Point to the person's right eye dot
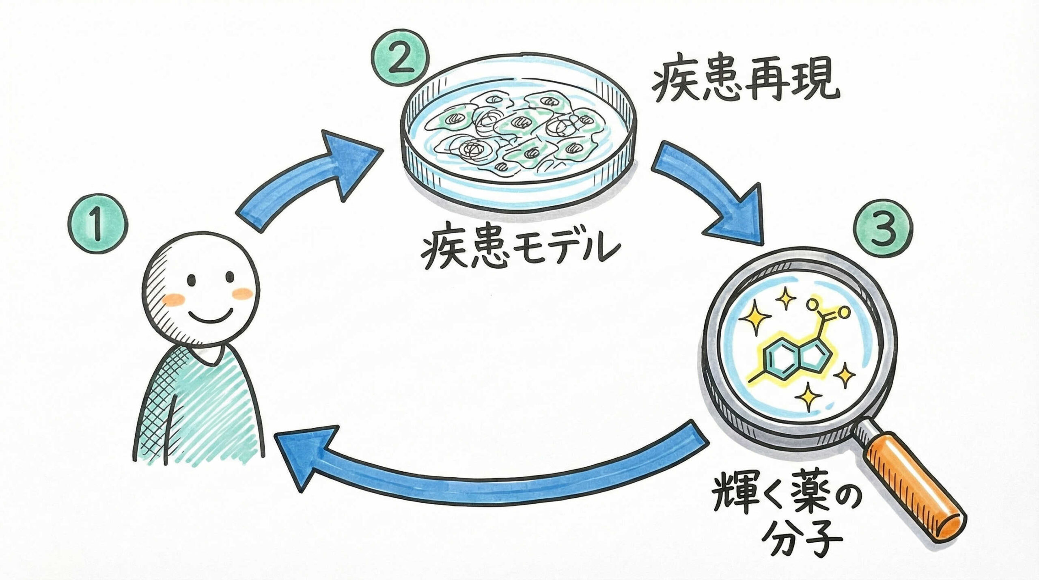[x=230, y=277]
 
